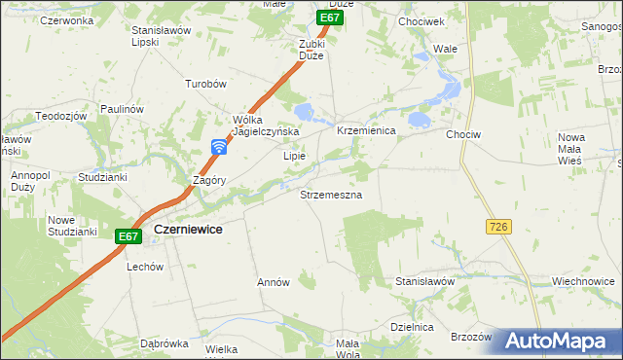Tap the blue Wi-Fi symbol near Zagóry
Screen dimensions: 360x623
click(x=220, y=147)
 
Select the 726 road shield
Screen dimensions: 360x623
click(x=497, y=226)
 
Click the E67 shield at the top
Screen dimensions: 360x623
click(x=331, y=18)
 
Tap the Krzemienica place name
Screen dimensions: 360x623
click(x=366, y=130)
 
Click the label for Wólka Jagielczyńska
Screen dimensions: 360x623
click(x=264, y=126)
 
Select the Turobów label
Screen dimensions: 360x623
click(x=206, y=84)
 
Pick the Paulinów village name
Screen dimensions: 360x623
click(x=122, y=109)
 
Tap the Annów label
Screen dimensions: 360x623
click(x=274, y=282)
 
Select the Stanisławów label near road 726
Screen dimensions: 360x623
click(x=425, y=281)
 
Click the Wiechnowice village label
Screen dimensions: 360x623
click(x=581, y=281)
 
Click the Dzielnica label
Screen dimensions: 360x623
click(x=411, y=327)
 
